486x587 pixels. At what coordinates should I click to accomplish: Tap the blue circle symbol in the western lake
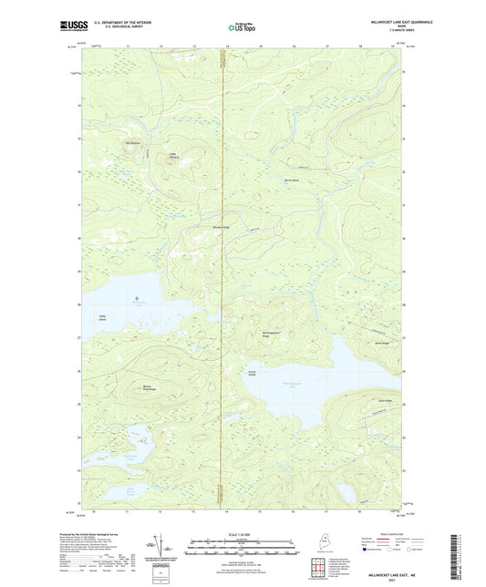pyautogui.click(x=136, y=298)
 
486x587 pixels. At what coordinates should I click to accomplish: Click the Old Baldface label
pyautogui.click(x=133, y=143)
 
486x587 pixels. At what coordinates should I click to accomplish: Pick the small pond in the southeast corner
pyautogui.click(x=346, y=495)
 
